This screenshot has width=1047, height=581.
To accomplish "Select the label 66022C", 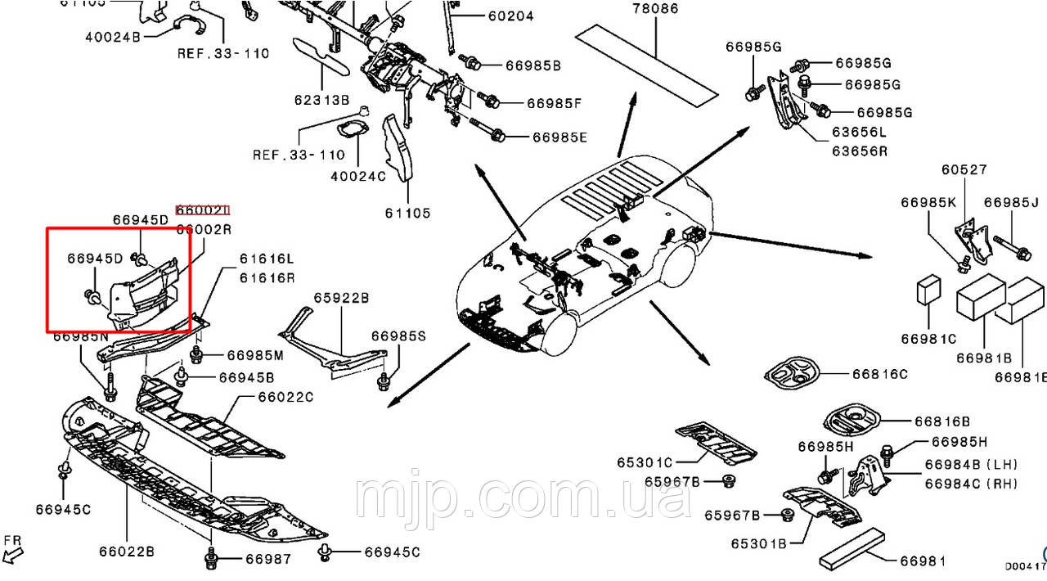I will click(x=285, y=397).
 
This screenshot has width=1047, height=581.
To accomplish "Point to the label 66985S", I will click(x=398, y=336).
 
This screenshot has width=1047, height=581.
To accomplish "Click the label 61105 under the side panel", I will click(x=407, y=213).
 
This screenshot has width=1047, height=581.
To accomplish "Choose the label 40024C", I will click(x=358, y=175).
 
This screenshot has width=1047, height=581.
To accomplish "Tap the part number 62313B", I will click(x=322, y=101).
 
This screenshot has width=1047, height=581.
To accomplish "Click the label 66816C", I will click(x=879, y=374).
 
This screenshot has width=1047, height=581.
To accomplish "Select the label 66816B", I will click(x=942, y=421).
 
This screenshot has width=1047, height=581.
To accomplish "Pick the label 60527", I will click(x=964, y=169).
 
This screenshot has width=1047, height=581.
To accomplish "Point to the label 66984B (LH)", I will click(x=971, y=464).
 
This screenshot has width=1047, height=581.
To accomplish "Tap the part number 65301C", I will click(x=645, y=462).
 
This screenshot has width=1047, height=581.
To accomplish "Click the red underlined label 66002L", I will click(x=204, y=210).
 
